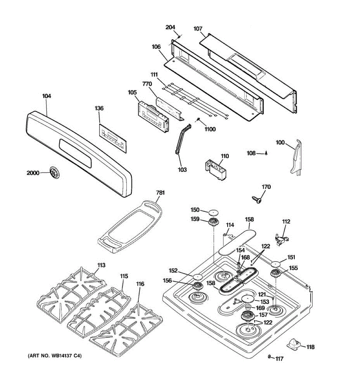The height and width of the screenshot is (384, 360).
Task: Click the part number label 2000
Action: pos(33,173)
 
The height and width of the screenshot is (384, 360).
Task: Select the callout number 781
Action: pos(160,193)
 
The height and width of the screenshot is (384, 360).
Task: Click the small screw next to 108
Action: pos(266,153)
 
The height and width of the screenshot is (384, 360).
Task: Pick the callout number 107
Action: pos(198,29)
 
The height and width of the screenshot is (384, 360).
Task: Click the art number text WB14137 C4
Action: pos(55,356)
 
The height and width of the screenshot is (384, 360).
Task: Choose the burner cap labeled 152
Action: pos(199,276)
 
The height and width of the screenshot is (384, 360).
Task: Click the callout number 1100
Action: pos(210,129)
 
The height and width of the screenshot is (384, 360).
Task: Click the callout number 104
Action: pos(46,96)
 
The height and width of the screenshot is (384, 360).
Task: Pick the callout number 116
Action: pos(140,284)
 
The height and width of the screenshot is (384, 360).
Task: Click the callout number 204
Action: pos(170,28)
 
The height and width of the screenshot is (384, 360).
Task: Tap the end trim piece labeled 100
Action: pos(296,157)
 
